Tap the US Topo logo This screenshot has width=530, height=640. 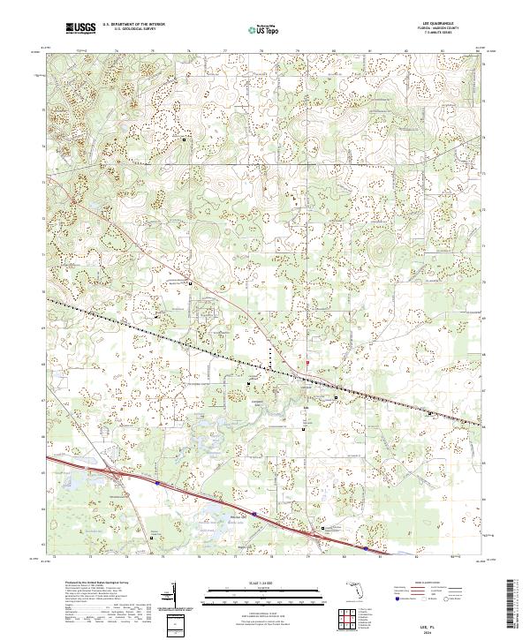pyautogui.click(x=264, y=29)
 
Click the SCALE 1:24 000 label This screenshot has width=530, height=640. pyautogui.click(x=264, y=584)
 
